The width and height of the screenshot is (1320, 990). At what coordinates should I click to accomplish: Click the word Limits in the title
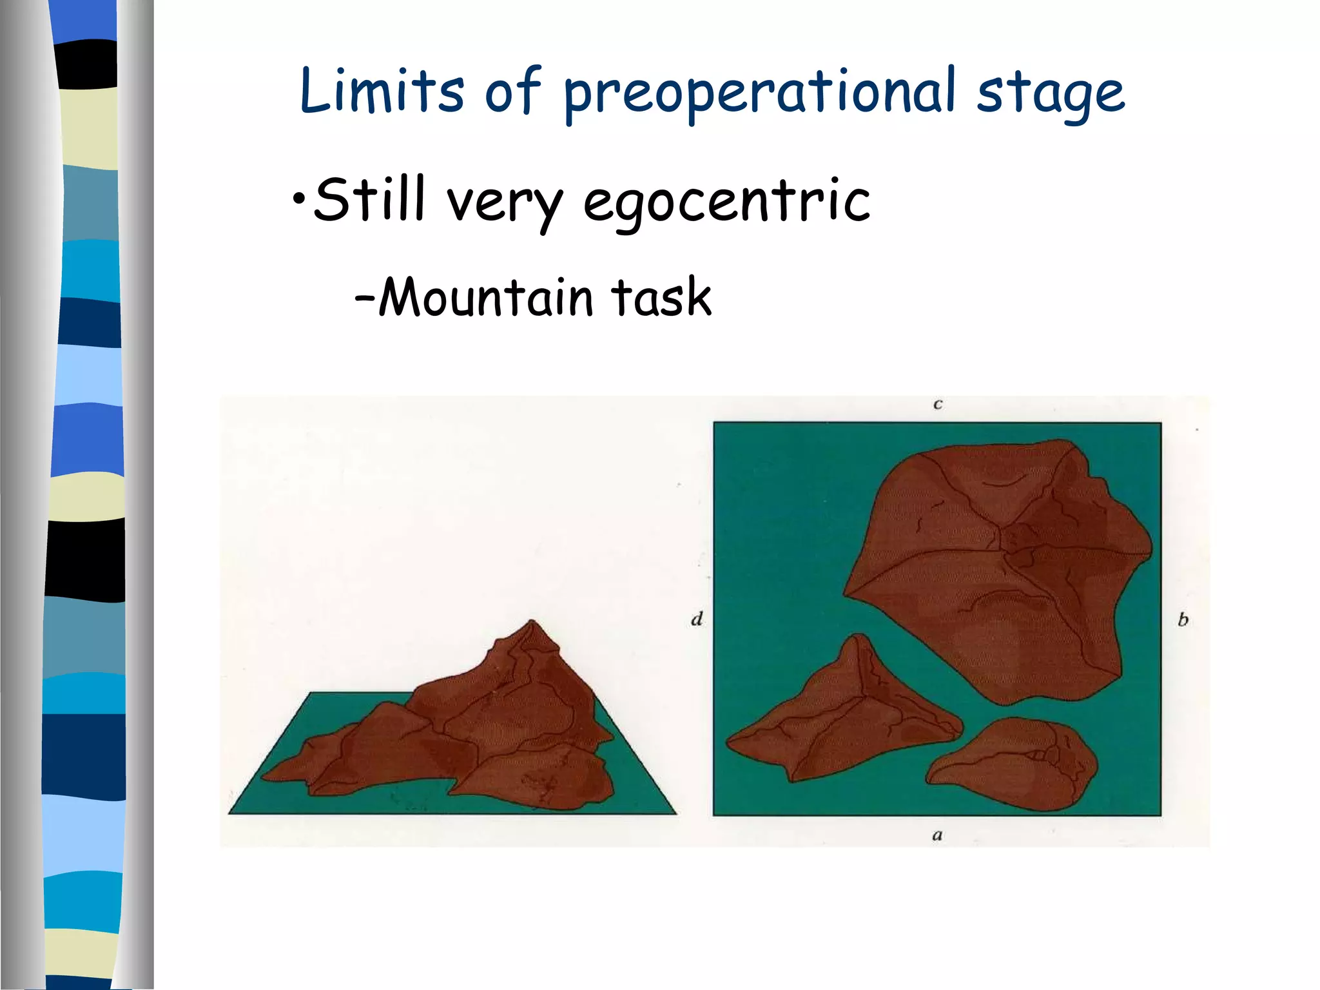click(382, 92)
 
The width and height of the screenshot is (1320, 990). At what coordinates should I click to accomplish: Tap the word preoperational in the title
click(759, 94)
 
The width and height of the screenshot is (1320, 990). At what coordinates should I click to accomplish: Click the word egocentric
click(726, 202)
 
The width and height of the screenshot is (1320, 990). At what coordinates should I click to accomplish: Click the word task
click(661, 298)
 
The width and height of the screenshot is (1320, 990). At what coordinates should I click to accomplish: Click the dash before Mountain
click(364, 300)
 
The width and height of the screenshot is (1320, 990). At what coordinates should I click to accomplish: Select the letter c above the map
click(938, 405)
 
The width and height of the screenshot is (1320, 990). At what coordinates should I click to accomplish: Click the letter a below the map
click(937, 835)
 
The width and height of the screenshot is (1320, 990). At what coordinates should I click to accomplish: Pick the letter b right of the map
click(1183, 620)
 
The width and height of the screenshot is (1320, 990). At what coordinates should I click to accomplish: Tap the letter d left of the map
click(697, 619)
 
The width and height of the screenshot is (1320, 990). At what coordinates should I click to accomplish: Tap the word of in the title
click(512, 92)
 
